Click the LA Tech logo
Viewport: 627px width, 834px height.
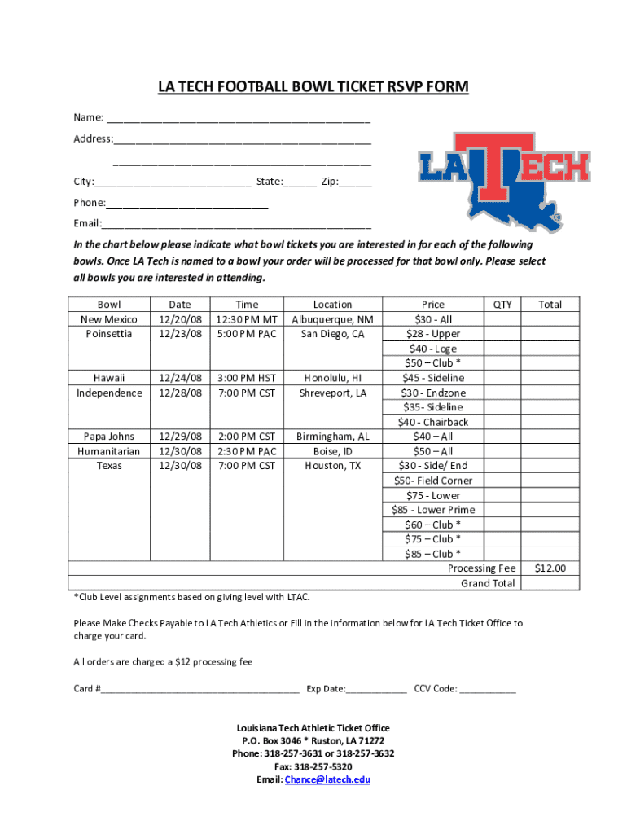(504, 179)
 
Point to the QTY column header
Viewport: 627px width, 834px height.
(503, 305)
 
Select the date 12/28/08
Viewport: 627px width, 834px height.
(180, 393)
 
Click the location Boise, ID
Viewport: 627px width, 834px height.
(332, 451)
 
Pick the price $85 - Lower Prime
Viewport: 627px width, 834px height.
(433, 510)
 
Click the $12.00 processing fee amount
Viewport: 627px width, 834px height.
(550, 568)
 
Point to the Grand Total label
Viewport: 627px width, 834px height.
(488, 583)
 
